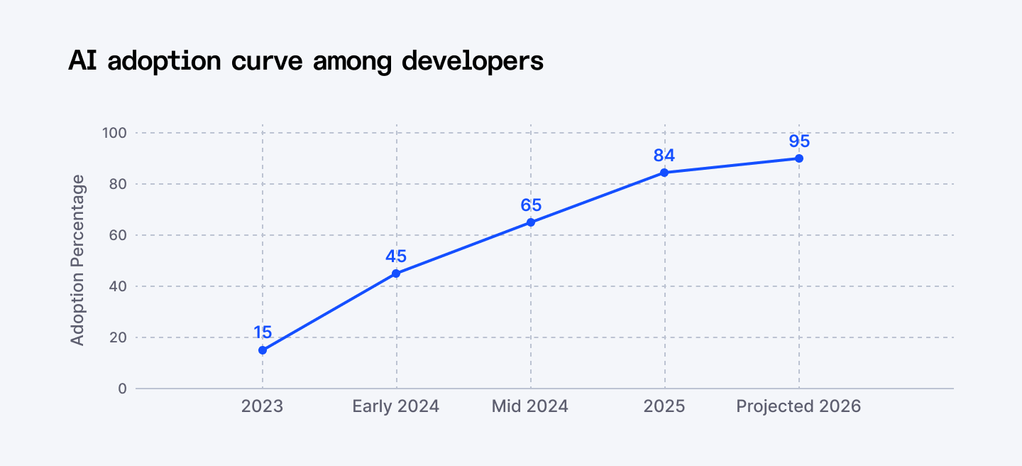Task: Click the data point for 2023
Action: [263, 350]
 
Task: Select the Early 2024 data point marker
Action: [396, 273]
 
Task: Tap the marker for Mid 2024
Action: [531, 222]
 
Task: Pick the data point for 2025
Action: [664, 173]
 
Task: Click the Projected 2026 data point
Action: [799, 158]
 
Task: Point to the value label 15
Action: [263, 332]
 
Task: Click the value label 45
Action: [396, 256]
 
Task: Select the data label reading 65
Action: [531, 205]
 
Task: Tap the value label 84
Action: [664, 155]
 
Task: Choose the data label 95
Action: [799, 141]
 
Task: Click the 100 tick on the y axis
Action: [114, 133]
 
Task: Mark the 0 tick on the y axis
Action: [122, 389]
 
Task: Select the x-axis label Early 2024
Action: [396, 406]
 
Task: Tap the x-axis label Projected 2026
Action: [798, 406]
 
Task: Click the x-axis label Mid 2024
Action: [530, 406]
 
